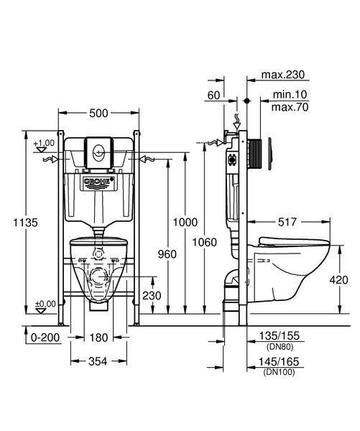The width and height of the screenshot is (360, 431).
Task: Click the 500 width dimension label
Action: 98,113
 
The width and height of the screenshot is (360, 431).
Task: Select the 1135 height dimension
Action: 26,223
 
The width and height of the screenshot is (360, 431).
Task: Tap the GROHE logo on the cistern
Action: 98,181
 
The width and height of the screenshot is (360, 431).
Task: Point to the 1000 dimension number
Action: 185,222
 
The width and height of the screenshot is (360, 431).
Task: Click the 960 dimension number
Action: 167,254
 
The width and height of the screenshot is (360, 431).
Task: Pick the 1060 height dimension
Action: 204,243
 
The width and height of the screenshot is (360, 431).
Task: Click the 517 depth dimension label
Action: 287,222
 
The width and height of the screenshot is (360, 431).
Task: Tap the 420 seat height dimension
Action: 339,280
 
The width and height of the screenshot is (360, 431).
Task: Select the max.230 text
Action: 283,75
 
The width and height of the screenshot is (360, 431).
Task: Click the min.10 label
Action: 290,95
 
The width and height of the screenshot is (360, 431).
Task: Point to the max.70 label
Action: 290,107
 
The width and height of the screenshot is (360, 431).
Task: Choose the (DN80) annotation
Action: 280,347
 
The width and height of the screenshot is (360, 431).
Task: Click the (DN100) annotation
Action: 279,372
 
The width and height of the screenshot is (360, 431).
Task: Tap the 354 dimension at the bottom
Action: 98,361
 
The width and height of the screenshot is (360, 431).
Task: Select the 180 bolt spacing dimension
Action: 99,338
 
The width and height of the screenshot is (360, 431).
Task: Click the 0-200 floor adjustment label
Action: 45,338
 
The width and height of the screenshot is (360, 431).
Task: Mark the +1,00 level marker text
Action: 44,143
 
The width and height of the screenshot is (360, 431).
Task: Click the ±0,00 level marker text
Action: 45,304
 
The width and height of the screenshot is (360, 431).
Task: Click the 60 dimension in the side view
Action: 213,96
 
